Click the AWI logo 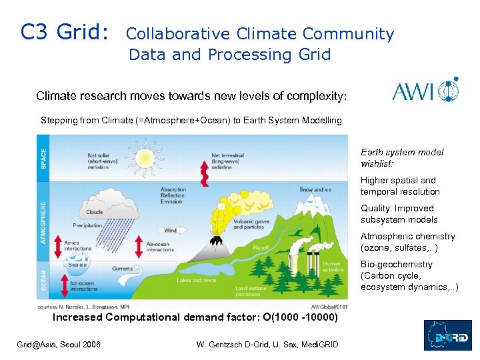tap(425, 89)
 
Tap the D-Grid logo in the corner tap(448, 335)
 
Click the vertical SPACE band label tap(45, 158)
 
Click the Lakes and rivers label tap(197, 280)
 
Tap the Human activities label tap(331, 267)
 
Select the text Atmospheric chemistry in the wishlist tap(407, 236)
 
